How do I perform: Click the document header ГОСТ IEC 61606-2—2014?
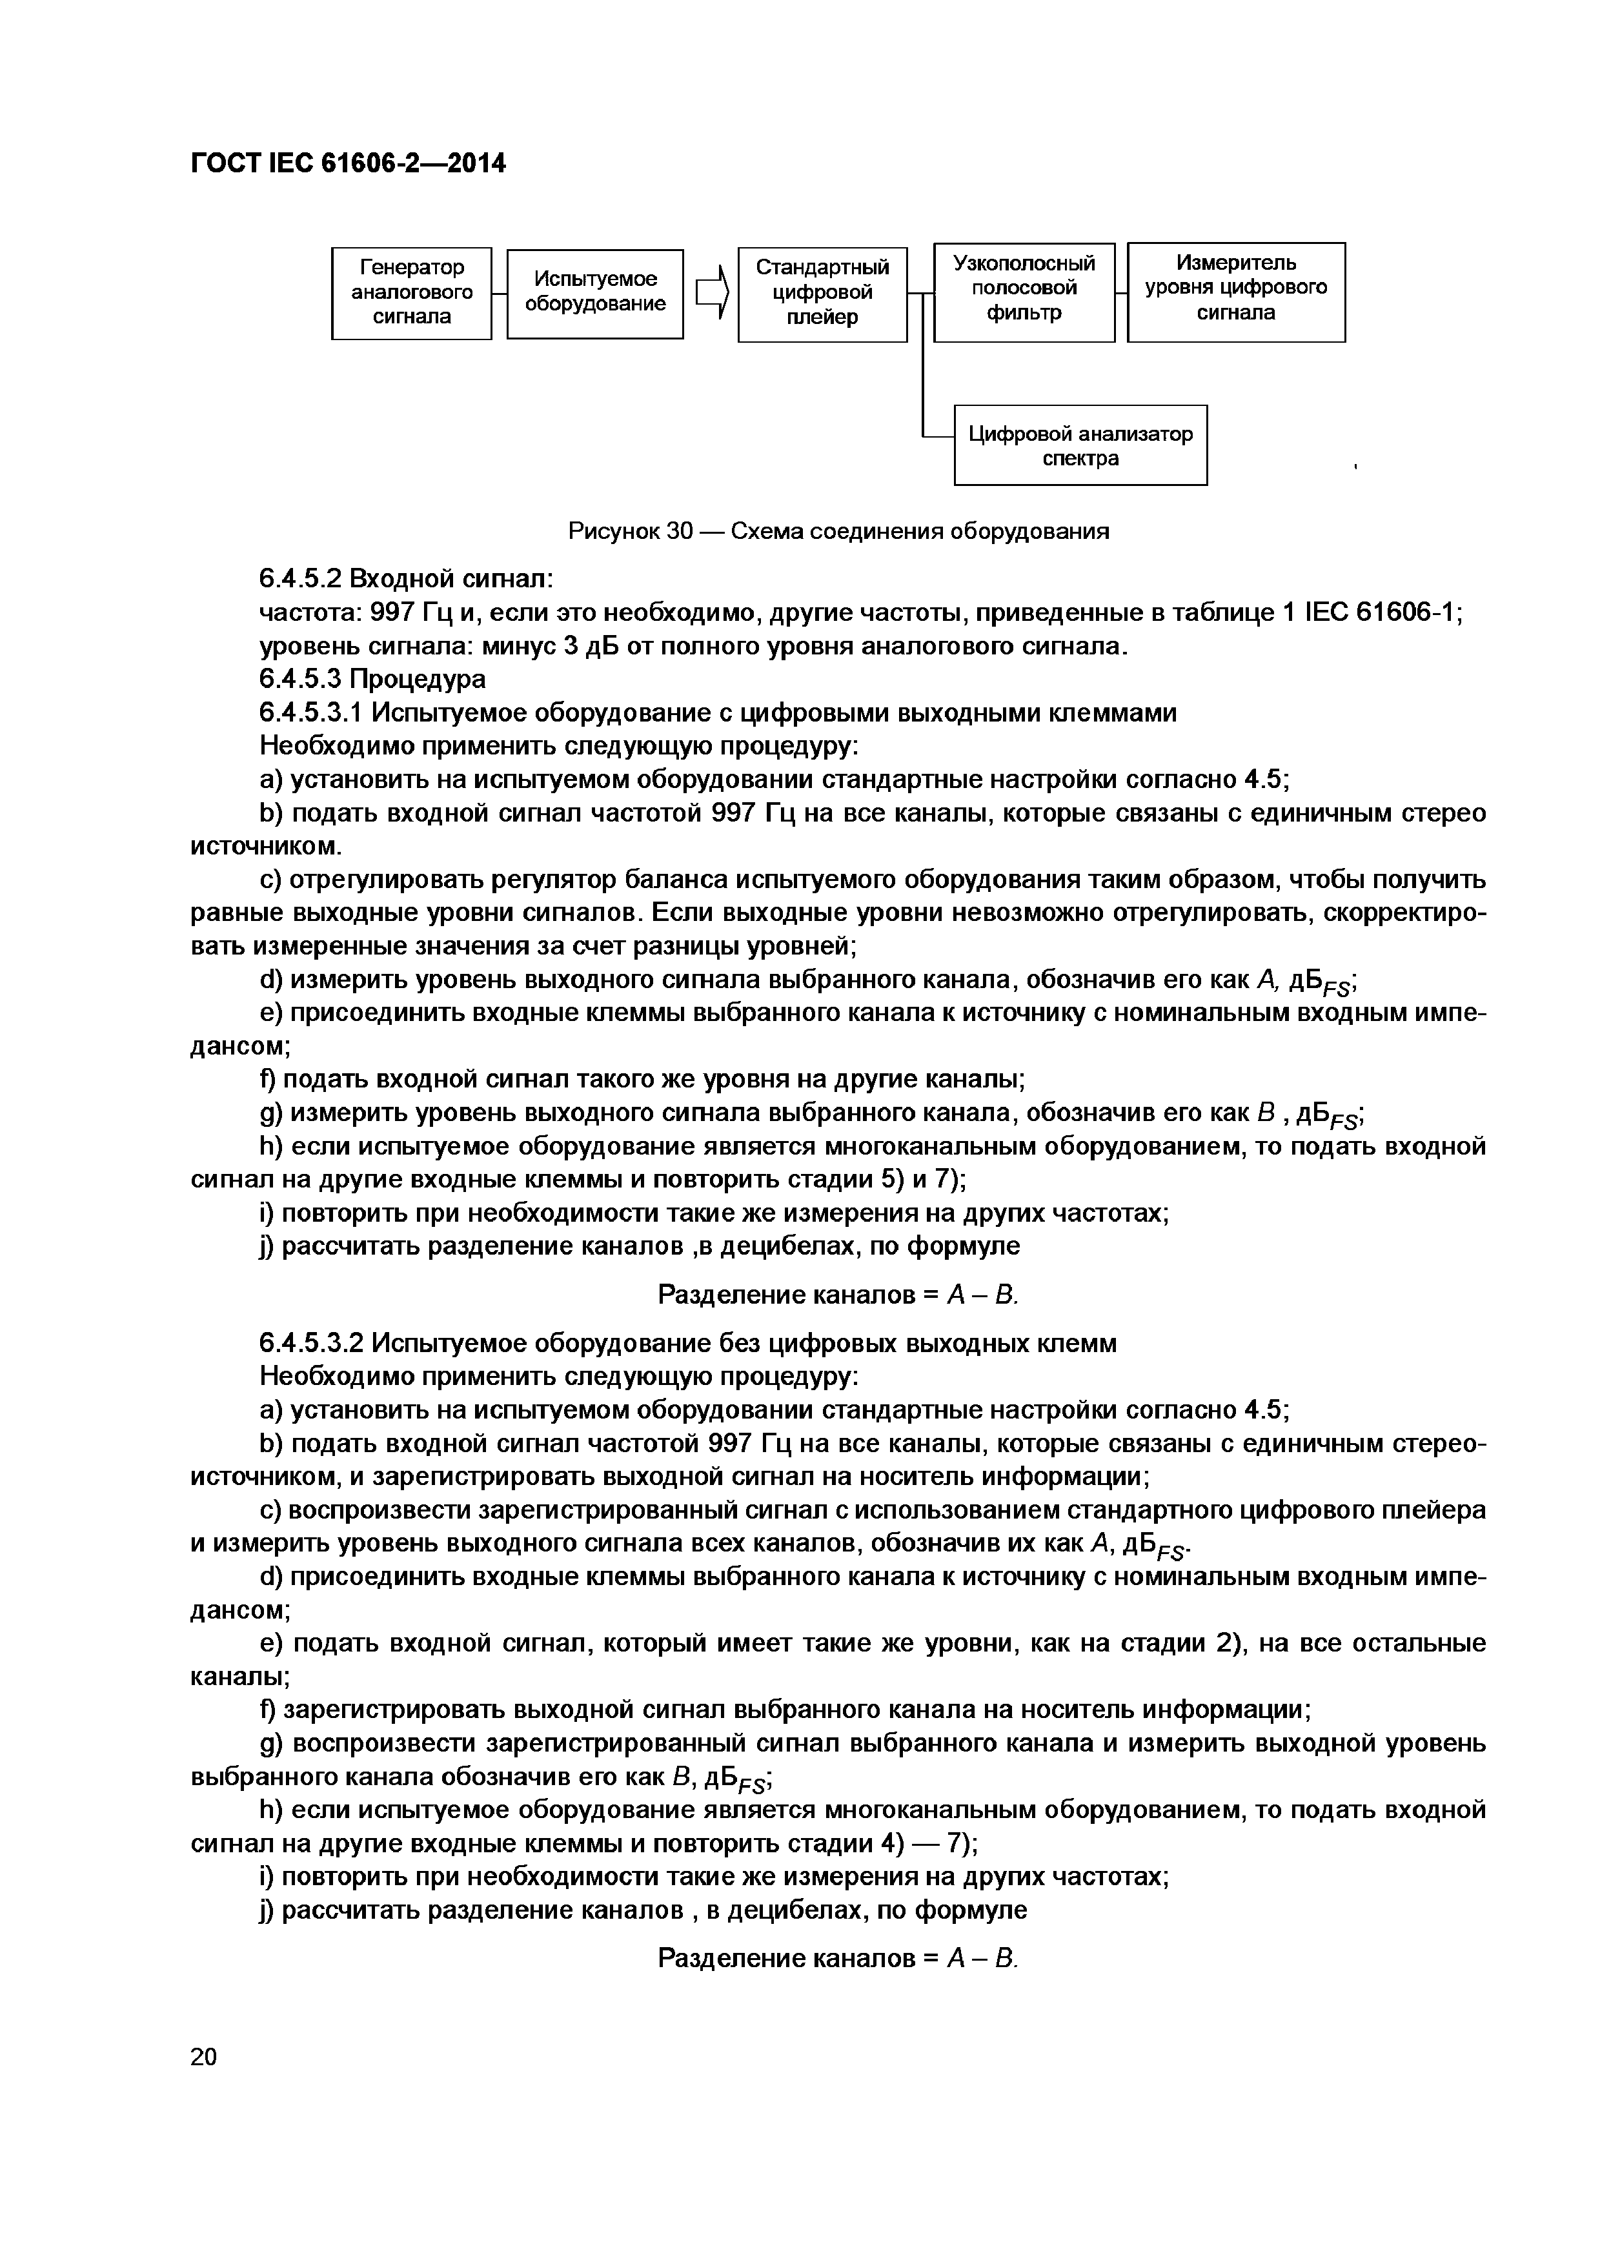click(x=347, y=164)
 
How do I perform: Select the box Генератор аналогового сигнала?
click(x=411, y=293)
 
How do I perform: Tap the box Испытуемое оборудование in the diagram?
click(x=594, y=293)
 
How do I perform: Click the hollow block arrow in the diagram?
click(x=712, y=293)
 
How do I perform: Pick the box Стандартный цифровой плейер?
click(x=822, y=294)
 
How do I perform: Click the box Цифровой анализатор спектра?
click(x=1080, y=445)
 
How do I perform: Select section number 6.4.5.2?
click(x=299, y=578)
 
